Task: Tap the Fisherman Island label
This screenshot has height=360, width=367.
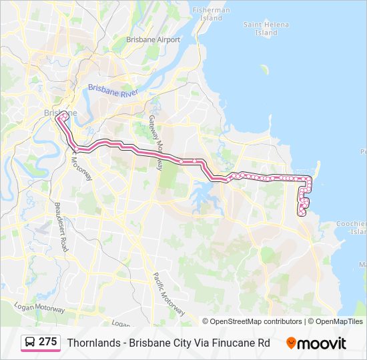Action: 211,14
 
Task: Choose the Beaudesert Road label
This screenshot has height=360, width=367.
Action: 61,227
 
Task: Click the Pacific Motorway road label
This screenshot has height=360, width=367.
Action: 169,293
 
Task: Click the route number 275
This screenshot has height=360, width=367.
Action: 47,342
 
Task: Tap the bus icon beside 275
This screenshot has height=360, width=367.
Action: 30,343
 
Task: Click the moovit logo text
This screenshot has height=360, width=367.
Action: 322,343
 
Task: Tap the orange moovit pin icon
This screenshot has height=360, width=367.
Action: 291,343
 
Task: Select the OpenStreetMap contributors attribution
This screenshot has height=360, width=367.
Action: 256,321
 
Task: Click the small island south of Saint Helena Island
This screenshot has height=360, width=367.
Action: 265,67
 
